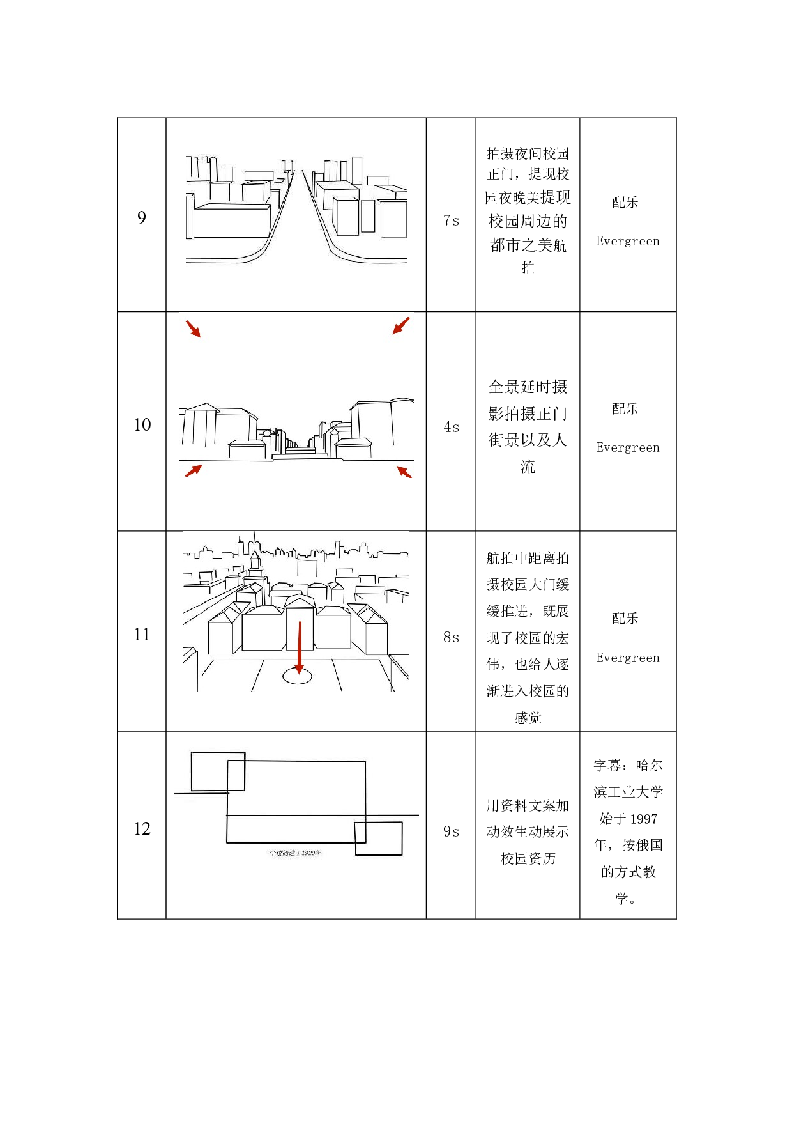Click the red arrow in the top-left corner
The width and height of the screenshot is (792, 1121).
coord(193,329)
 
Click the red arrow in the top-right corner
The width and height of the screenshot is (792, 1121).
coord(401,326)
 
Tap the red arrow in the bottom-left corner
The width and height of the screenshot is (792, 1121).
coord(194,470)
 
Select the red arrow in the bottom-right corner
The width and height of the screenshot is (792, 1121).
coord(404,472)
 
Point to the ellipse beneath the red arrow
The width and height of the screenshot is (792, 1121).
coord(298,676)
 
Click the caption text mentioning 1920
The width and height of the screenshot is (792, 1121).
coord(295,853)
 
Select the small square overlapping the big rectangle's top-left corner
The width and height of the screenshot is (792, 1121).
coord(218,771)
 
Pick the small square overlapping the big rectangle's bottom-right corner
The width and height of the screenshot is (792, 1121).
coord(379,839)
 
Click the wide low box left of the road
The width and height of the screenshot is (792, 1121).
coord(231,221)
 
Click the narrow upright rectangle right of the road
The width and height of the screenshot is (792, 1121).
coord(368,216)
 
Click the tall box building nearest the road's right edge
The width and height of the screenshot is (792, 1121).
coord(346,216)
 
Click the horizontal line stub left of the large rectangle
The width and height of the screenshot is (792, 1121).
coord(200,794)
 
